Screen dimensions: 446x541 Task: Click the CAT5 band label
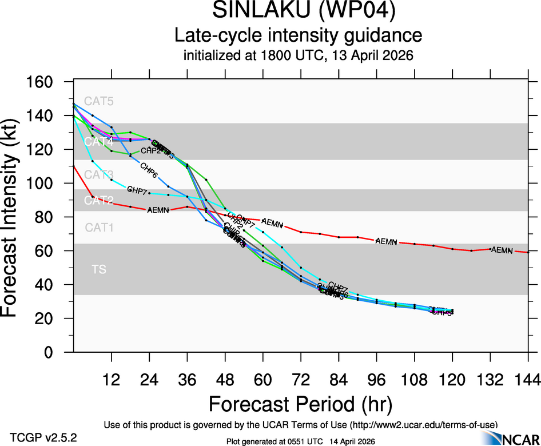click(99, 102)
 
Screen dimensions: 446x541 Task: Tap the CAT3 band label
click(99, 174)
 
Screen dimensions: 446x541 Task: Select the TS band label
click(99, 269)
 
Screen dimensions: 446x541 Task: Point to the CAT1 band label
click(99, 228)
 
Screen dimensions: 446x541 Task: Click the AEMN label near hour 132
click(502, 250)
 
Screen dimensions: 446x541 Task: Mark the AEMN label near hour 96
click(386, 242)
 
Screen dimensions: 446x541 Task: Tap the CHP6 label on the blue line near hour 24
click(149, 170)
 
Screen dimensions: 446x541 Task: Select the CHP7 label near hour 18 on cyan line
click(137, 189)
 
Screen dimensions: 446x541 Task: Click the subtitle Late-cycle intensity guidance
click(298, 35)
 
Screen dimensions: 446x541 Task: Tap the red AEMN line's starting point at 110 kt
click(74, 166)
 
